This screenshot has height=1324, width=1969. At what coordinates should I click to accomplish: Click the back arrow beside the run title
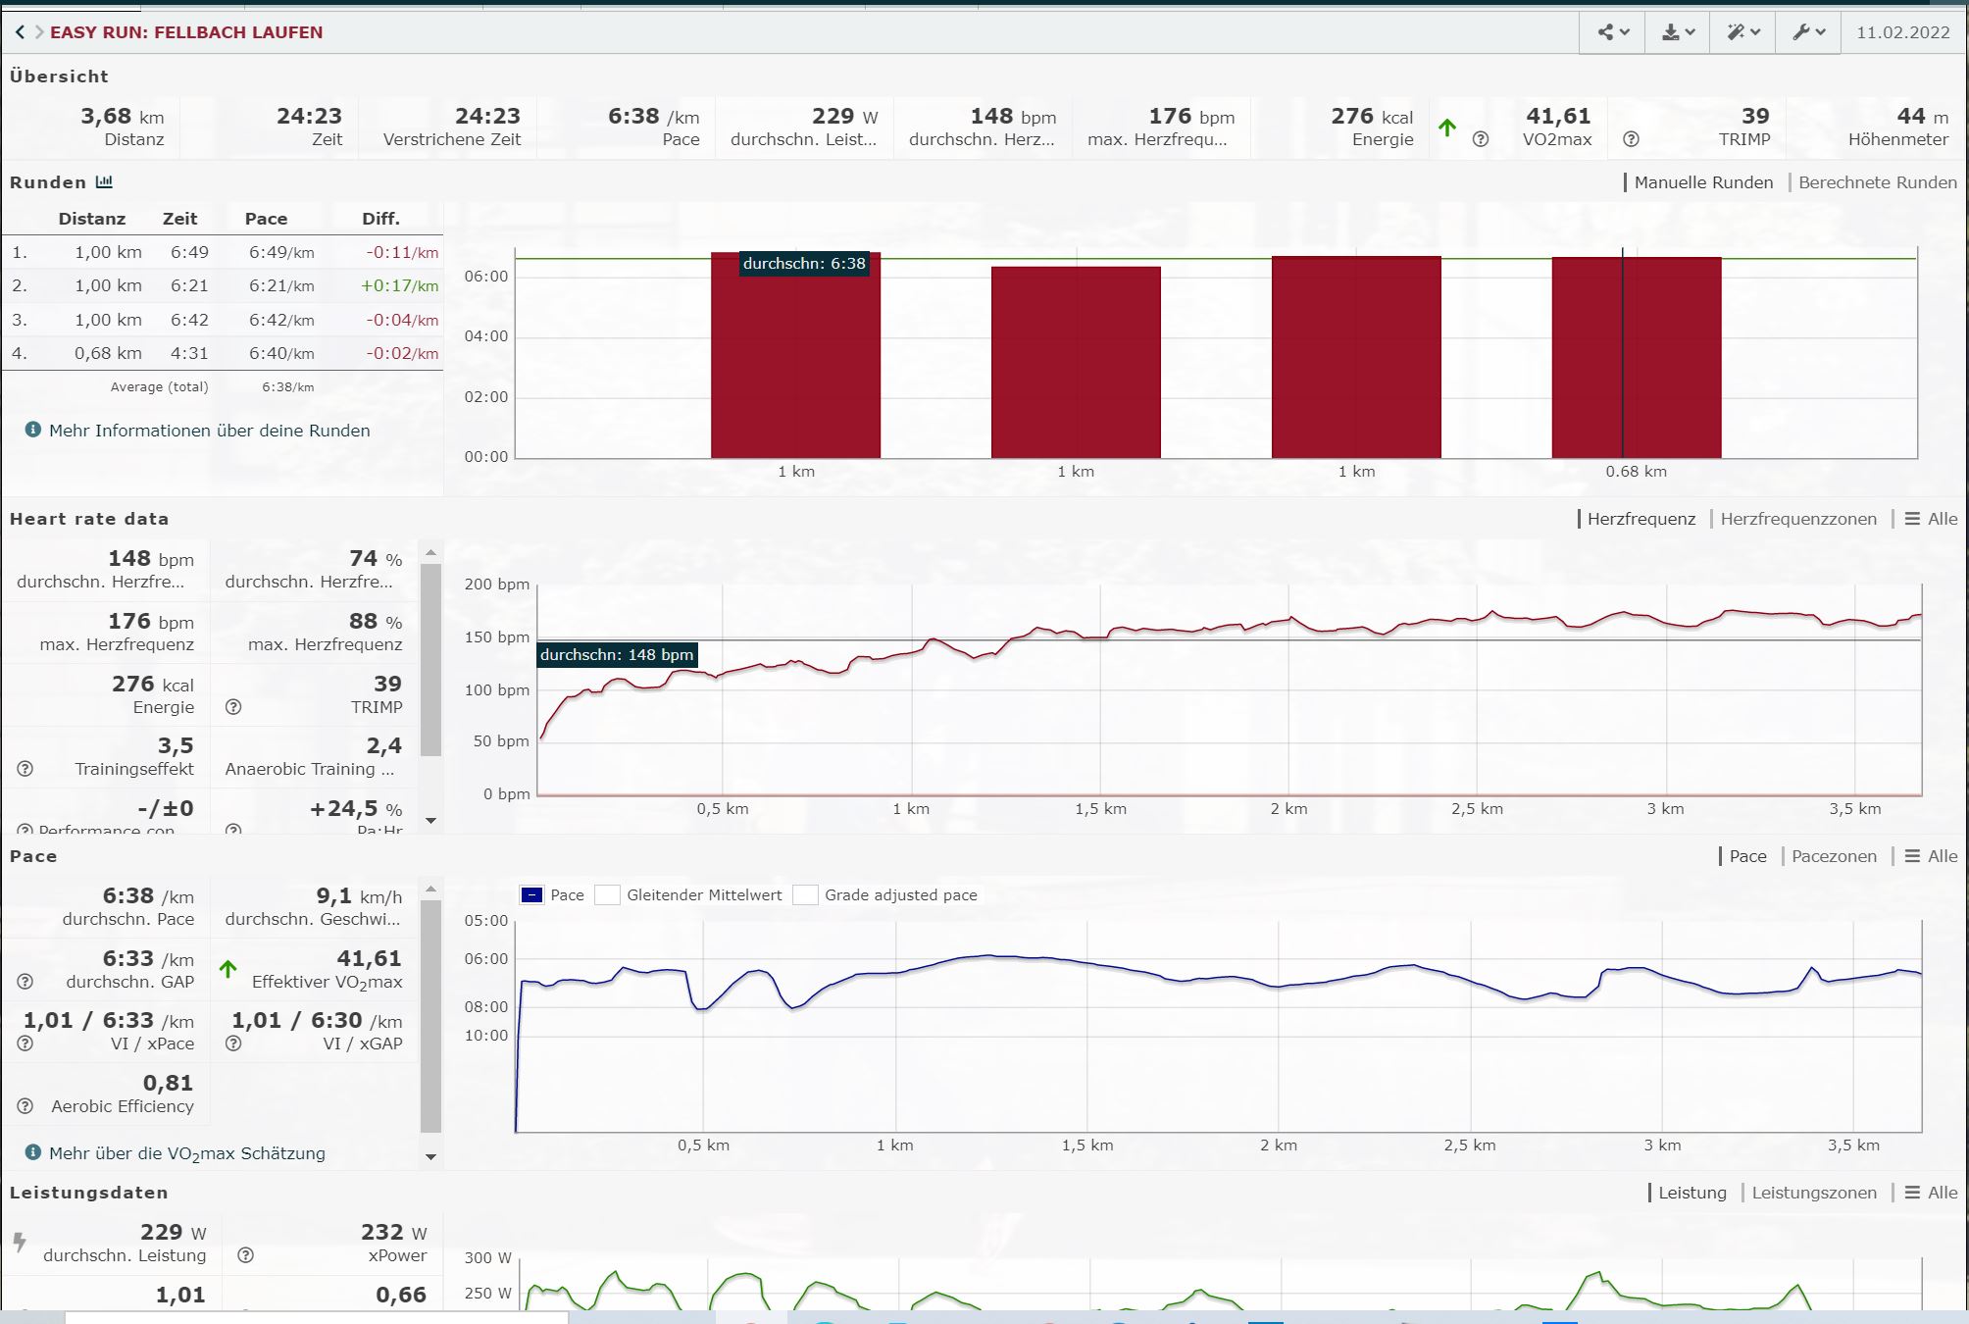pos(20,32)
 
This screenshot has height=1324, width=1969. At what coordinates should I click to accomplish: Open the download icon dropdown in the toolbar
pos(1678,32)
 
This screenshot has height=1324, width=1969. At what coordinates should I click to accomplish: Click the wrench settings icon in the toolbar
pos(1808,32)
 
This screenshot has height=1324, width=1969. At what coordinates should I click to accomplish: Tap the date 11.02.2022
pos(1902,32)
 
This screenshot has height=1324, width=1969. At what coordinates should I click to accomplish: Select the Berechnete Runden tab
pos(1877,182)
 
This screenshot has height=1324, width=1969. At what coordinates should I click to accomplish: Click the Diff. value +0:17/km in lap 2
pos(399,286)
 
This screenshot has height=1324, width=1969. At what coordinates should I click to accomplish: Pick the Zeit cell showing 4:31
pos(189,353)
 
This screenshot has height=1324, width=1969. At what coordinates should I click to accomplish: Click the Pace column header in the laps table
pos(266,219)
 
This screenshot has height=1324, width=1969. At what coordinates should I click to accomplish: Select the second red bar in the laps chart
pos(1076,362)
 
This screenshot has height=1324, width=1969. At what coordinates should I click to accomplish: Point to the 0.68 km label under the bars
pos(1636,472)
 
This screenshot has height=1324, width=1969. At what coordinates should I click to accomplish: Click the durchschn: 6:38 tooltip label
pos(804,263)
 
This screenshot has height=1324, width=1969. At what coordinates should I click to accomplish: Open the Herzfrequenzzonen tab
pos(1797,519)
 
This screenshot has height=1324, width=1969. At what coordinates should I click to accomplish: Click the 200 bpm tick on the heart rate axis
pos(497,585)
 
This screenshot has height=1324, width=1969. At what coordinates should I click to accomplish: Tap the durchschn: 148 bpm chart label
pos(617,655)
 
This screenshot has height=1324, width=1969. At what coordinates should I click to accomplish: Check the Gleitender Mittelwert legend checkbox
pos(608,895)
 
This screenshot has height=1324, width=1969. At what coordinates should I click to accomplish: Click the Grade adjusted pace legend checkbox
pos(806,895)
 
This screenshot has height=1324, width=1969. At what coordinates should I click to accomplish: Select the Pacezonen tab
pos(1834,856)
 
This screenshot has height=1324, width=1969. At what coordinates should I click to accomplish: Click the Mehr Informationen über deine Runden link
pos(209,431)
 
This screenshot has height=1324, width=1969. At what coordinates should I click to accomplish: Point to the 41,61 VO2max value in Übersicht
pos(1557,117)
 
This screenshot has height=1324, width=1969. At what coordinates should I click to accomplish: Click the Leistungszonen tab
pos(1814,1193)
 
